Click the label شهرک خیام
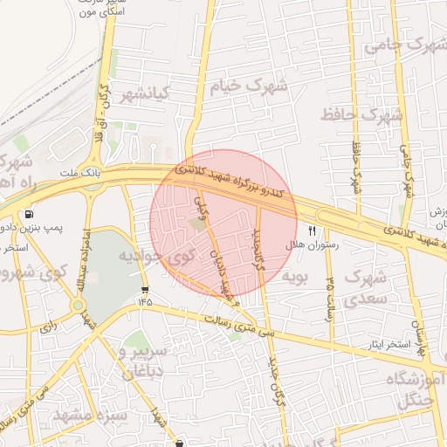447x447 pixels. point(250,86)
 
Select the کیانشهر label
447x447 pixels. point(146,93)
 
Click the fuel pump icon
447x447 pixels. point(31,214)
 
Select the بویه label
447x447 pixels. point(294,276)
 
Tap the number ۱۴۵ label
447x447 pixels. point(144,301)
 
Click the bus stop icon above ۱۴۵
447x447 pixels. point(144,290)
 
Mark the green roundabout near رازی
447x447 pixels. point(79,306)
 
